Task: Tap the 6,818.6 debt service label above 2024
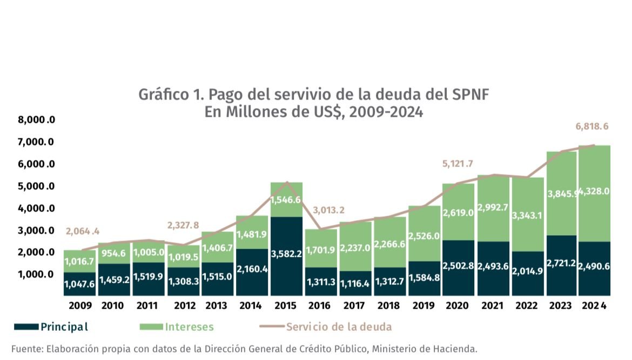pos(592,126)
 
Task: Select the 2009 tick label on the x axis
pos(80,306)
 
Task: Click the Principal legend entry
pos(64,326)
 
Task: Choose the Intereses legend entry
pos(189,326)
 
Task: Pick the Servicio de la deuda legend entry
pos(339,326)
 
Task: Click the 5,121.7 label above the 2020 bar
pos(458,164)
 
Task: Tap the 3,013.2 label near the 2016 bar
pos(328,210)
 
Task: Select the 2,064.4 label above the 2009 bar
pos(83,231)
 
